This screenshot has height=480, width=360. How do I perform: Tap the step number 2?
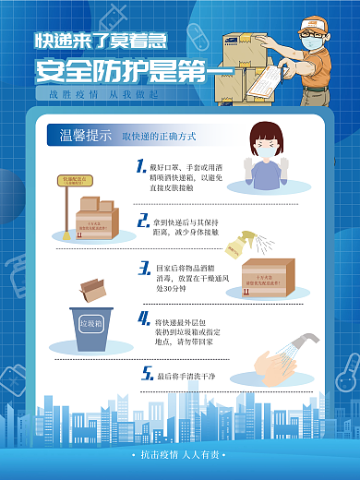click(143, 221)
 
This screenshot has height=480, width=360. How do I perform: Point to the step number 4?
click(144, 318)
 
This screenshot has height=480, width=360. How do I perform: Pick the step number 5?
click(146, 374)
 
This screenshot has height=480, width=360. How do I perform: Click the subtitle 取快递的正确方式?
click(159, 137)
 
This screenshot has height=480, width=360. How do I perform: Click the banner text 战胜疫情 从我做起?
click(102, 94)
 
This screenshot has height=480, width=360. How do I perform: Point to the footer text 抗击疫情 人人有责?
click(179, 454)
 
